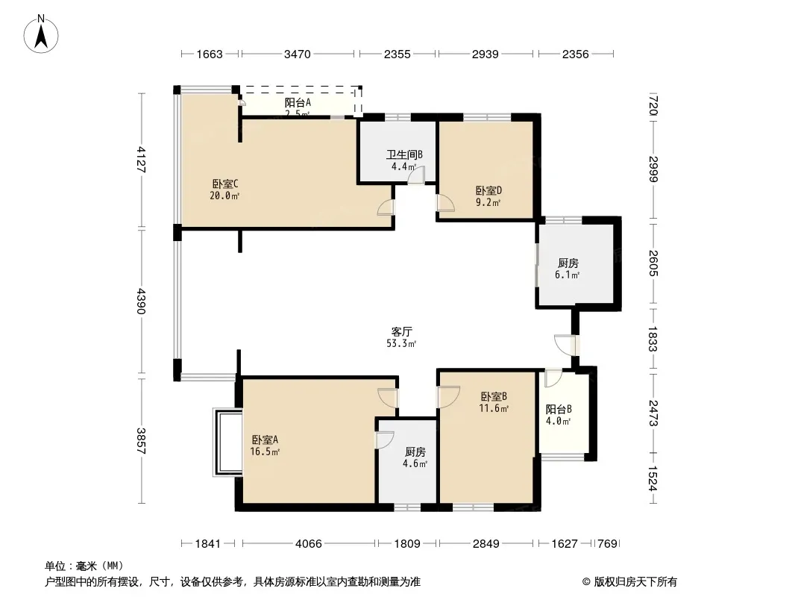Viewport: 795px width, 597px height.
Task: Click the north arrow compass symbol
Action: point(41,34)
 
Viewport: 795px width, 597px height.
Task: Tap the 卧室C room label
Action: point(225,184)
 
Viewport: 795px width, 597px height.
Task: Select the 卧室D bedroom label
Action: point(488,191)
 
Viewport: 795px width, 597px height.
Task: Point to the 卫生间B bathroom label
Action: point(404,154)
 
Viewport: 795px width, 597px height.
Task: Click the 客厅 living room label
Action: point(401,332)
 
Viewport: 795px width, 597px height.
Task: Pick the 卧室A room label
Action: point(265,440)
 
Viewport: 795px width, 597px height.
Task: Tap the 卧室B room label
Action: point(494,396)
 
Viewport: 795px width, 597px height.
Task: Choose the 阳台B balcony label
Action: point(559,410)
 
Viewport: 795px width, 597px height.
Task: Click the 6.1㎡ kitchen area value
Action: point(568,275)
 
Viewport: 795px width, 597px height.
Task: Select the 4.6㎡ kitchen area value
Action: point(415,463)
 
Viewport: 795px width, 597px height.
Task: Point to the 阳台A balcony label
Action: point(298,102)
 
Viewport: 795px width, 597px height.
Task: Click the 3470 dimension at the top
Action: point(297,54)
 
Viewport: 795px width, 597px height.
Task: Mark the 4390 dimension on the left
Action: point(142,301)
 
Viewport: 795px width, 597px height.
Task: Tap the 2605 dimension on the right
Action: point(653,263)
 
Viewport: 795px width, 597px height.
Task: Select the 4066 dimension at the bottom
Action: point(308,544)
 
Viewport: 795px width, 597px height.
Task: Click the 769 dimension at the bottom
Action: point(607,544)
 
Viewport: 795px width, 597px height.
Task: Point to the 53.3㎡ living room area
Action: point(401,344)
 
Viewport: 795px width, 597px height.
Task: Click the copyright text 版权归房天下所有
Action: point(635,582)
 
